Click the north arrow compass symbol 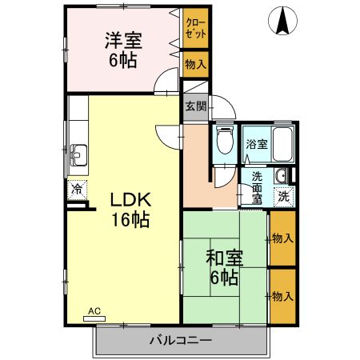tap(282, 21)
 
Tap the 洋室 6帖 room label tap(122, 49)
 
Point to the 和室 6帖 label tap(223, 268)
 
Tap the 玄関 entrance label tap(195, 106)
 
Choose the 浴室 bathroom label tap(256, 145)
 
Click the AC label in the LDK tap(94, 310)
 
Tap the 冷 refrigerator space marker tap(77, 190)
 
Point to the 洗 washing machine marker tap(283, 194)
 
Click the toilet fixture tap(225, 142)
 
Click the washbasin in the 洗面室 tap(281, 176)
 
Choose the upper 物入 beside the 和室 tap(282, 238)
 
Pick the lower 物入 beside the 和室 tap(282, 296)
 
